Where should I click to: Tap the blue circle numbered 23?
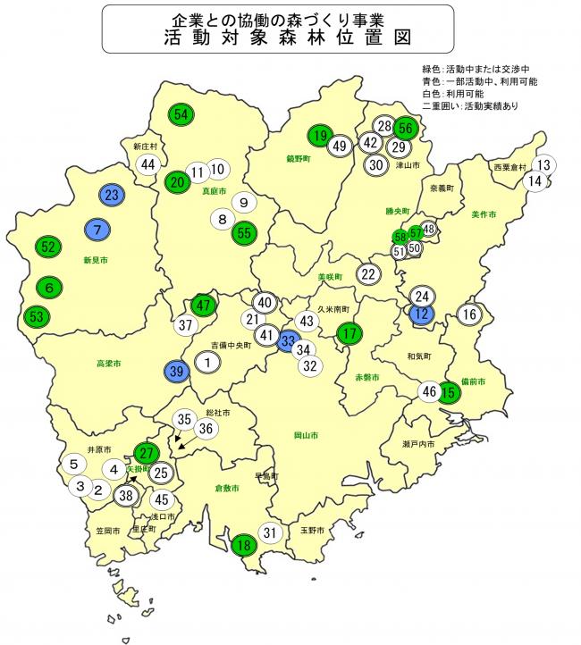click(x=112, y=196)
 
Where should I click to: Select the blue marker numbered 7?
click(x=97, y=230)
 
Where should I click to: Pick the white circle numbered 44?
click(x=147, y=164)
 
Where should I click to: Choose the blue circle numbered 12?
click(x=422, y=313)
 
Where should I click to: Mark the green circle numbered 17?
click(x=349, y=334)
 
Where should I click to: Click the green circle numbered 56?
click(x=405, y=128)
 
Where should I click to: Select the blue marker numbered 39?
click(x=177, y=372)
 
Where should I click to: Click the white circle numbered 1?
click(x=207, y=362)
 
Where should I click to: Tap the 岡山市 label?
click(x=307, y=436)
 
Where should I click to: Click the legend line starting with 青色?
click(x=479, y=80)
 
